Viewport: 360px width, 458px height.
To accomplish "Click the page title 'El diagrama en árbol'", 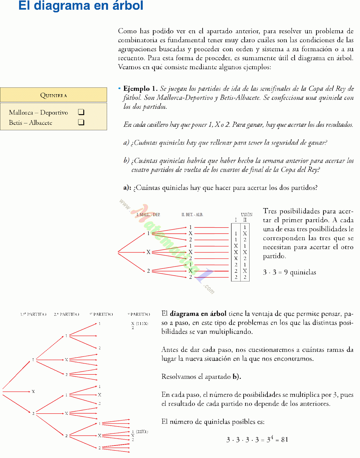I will (81, 6).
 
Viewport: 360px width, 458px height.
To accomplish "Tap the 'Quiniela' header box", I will (54, 95).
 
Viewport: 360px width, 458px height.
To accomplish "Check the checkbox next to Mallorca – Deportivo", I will (81, 112).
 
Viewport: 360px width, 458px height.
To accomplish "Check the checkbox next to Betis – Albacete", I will (81, 122).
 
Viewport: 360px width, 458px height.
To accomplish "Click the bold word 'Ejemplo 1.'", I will (140, 88).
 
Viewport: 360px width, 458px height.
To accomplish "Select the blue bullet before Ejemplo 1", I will (119, 88).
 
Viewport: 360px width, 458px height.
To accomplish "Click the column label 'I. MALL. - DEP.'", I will (148, 214).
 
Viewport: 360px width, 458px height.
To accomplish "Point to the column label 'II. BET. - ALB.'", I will (192, 214).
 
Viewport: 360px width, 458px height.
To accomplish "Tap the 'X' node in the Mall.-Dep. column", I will (148, 252).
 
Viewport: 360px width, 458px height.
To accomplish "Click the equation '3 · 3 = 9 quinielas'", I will (289, 272).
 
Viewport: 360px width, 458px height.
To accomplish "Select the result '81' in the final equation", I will (284, 439).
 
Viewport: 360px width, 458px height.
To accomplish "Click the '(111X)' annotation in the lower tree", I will (142, 323).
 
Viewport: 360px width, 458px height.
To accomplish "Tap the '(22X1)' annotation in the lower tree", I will (142, 431).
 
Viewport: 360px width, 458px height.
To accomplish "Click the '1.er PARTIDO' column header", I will (33, 314).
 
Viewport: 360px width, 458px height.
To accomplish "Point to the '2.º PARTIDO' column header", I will (66, 314).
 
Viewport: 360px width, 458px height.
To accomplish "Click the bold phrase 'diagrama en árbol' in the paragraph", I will (198, 313).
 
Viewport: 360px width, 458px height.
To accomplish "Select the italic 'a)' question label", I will (126, 142).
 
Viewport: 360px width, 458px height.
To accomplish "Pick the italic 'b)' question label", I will (126, 160).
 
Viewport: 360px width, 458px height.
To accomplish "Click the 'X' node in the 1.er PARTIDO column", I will (33, 391).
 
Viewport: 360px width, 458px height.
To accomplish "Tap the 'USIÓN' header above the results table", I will (246, 214).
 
